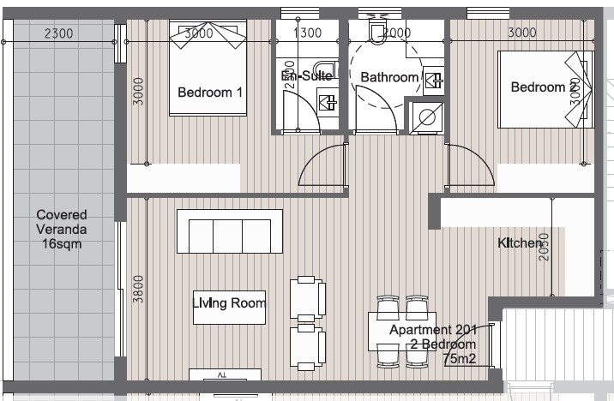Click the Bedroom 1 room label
pyautogui.click(x=209, y=93)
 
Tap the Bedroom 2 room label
pyautogui.click(x=544, y=87)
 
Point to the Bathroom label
pyautogui.click(x=388, y=77)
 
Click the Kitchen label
pyautogui.click(x=521, y=243)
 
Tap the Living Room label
pyautogui.click(x=229, y=302)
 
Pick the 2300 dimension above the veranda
pyautogui.click(x=58, y=33)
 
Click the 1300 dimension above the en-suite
pyautogui.click(x=307, y=33)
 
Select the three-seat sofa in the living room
pyautogui.click(x=229, y=231)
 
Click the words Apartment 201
pyautogui.click(x=431, y=330)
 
